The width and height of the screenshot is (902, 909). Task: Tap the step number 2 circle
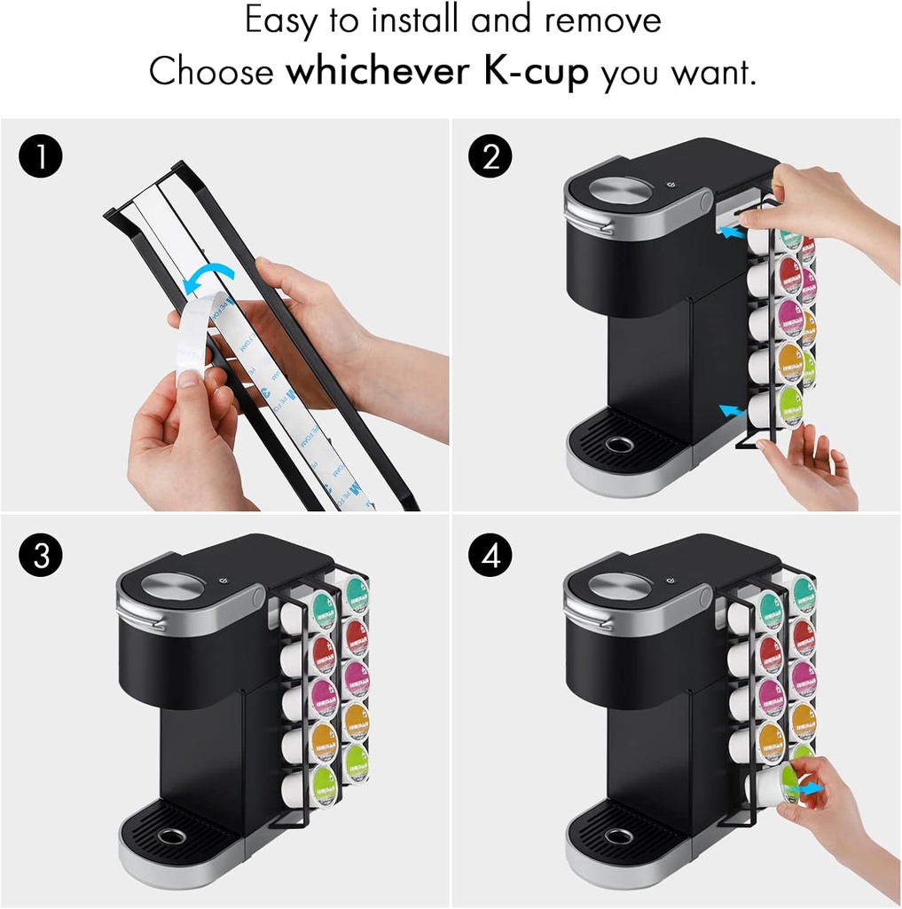point(490,159)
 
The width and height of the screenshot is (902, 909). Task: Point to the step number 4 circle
point(490,557)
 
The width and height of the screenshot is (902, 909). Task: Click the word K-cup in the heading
point(536,72)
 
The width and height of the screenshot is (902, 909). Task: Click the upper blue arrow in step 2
point(730,233)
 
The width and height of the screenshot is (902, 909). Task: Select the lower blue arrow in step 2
point(731,411)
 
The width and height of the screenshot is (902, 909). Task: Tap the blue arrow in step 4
point(806,788)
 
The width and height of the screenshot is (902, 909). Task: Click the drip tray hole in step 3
point(169,836)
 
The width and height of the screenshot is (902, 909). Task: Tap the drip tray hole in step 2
point(618,443)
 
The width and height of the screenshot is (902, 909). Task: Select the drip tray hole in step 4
point(618,836)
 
